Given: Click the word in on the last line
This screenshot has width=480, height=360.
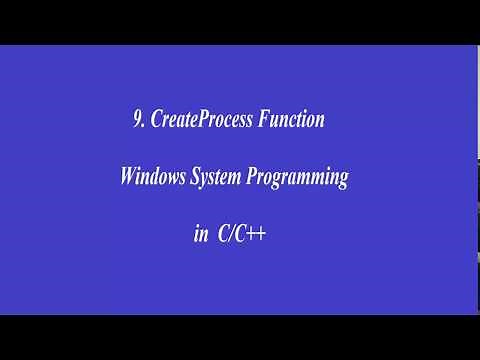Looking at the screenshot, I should [200, 236].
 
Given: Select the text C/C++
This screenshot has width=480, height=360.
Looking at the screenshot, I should [244, 236].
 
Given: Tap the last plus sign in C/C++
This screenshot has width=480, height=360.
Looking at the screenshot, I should [263, 236].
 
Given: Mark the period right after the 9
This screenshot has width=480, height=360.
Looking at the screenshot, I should [143, 126].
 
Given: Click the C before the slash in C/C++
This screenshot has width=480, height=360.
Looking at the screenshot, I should [226, 236].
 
